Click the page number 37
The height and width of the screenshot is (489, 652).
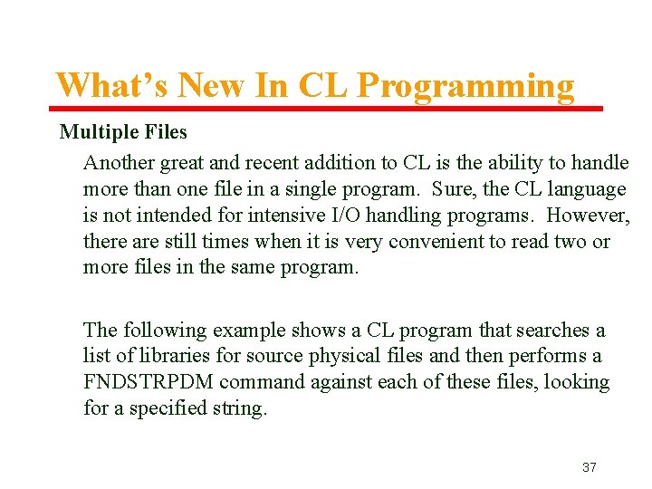pos(589,467)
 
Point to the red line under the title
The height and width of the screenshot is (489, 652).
pos(326,109)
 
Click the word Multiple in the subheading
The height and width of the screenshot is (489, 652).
pos(97,132)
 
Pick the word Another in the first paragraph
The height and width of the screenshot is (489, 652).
pos(119,163)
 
